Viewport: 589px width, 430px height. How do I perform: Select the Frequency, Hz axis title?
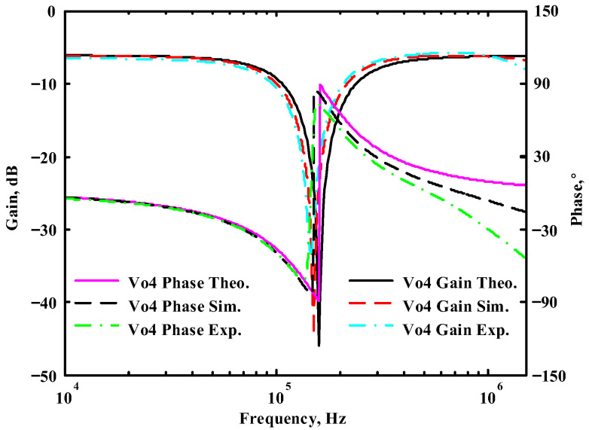tap(294, 418)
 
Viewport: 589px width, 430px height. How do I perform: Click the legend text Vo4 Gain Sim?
tap(456, 306)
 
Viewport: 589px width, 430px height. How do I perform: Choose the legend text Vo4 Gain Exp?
tap(456, 329)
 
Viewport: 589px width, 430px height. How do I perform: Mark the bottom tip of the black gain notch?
tap(319, 346)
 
